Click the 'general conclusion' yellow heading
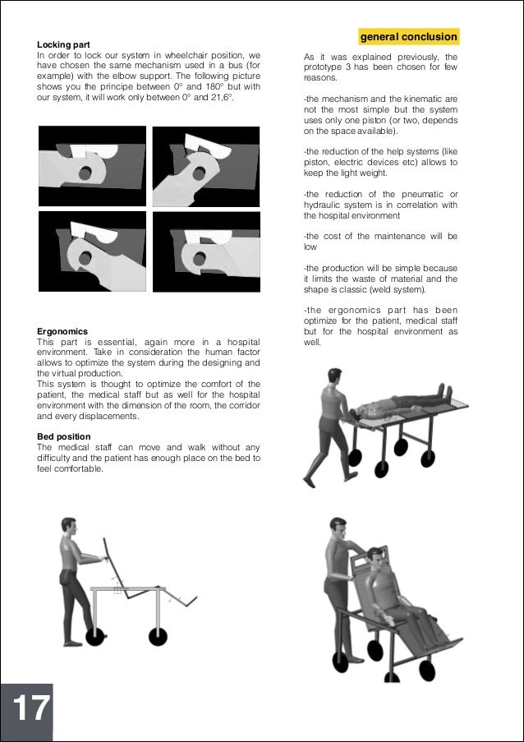pos(408,37)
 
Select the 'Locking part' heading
pos(63,44)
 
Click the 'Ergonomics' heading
pos(62,331)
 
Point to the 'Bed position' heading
pos(64,436)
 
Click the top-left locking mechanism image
pos(92,166)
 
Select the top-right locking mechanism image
pos(205,166)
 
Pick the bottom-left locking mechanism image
pos(92,250)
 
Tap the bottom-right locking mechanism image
pos(205,250)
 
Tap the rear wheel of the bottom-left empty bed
pos(96,635)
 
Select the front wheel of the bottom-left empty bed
pos(158,635)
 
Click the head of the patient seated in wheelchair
pos(375,558)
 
